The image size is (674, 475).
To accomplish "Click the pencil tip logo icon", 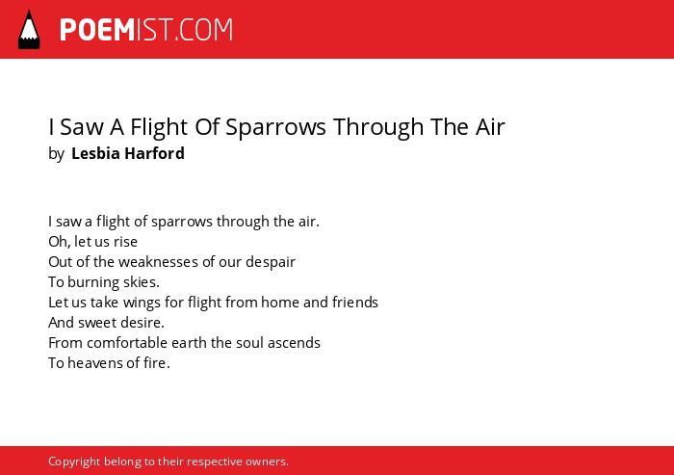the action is pyautogui.click(x=29, y=30).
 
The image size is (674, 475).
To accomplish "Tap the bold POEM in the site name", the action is pyautogui.click(x=97, y=30).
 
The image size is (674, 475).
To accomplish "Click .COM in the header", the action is pyautogui.click(x=203, y=30).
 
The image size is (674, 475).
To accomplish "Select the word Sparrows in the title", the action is pyautogui.click(x=275, y=127).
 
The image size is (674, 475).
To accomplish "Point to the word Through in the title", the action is pyautogui.click(x=378, y=127).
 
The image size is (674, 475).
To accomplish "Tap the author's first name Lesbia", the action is pyautogui.click(x=95, y=153).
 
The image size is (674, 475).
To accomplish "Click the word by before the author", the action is pyautogui.click(x=56, y=154).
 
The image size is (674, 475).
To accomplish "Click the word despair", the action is pyautogui.click(x=271, y=262).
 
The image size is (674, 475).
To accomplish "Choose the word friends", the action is pyautogui.click(x=355, y=303).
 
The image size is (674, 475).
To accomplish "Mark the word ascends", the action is pyautogui.click(x=294, y=343).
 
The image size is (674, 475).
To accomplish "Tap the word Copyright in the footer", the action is pyautogui.click(x=74, y=462).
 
